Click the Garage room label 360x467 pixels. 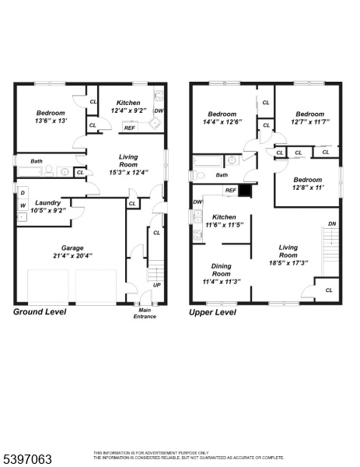point(72,248)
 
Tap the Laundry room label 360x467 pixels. point(48,203)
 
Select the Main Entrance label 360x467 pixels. point(145,314)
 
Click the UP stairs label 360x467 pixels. point(157,285)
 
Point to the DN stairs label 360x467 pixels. point(332,223)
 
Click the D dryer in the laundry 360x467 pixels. point(23,193)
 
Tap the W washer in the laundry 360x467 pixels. point(23,205)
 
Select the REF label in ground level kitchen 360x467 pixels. point(130,128)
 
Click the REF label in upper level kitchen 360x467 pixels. point(231,191)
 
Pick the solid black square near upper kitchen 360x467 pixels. point(246,191)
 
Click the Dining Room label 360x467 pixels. point(221,270)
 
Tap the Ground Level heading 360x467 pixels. point(40,312)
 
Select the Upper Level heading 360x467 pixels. point(212,312)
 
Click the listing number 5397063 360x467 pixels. point(28,459)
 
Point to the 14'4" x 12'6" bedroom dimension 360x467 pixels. point(222,122)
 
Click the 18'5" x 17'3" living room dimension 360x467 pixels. point(288,263)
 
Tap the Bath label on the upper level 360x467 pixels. point(222,175)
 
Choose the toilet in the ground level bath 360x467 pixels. point(49,170)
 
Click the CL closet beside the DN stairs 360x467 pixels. point(329,290)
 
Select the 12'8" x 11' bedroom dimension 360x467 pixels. point(308,188)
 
